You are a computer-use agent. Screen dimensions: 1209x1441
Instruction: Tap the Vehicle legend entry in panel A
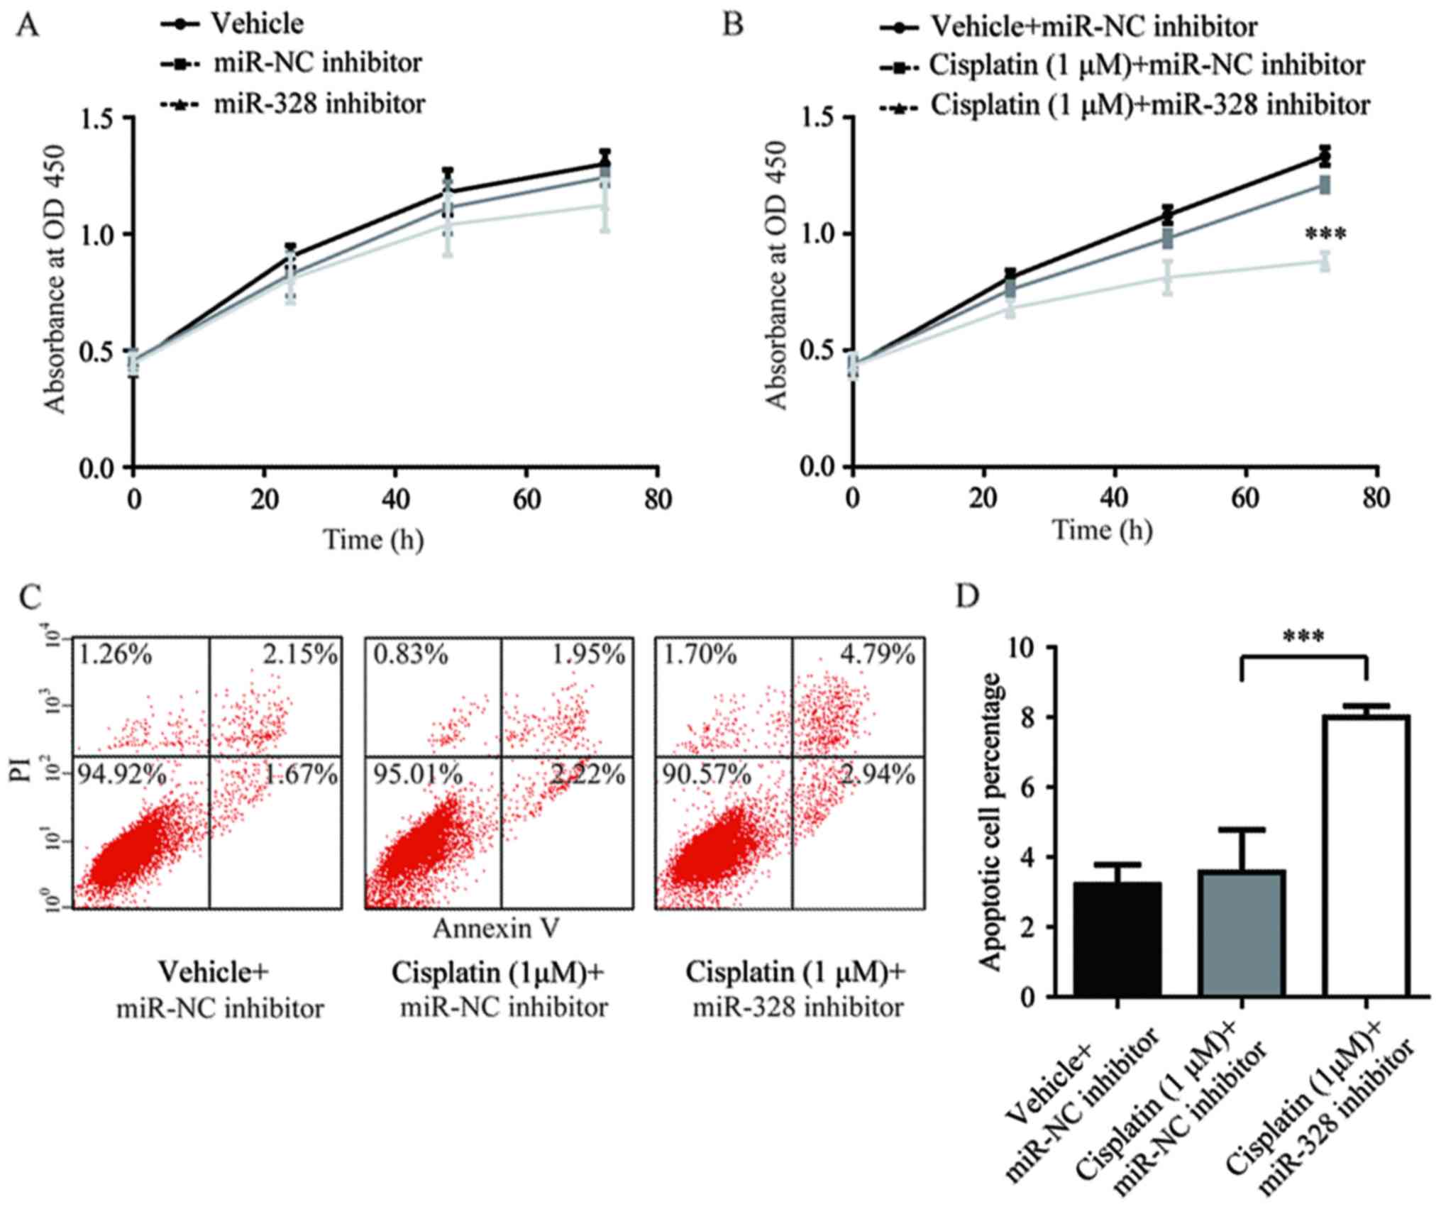coord(258,24)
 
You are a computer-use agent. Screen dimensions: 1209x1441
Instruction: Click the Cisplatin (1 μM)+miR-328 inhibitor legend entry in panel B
coord(1150,106)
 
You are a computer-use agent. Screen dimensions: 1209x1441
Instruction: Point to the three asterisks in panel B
coord(1325,235)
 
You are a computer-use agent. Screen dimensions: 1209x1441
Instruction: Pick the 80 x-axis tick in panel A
coord(657,501)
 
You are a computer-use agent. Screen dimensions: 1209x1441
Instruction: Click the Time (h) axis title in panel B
coord(1102,530)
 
